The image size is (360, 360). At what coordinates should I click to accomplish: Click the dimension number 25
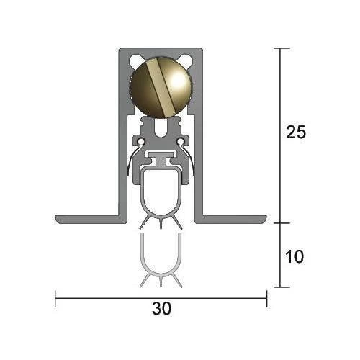coord(296,132)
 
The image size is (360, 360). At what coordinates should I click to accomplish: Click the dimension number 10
coord(294,256)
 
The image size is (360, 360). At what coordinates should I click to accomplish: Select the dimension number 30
coord(161,308)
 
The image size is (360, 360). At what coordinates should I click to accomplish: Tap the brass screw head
coord(161,88)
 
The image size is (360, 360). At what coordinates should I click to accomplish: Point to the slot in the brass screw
coord(161,88)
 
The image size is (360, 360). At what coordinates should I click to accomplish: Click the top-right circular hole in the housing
coord(186,60)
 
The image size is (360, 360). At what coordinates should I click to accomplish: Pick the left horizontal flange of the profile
coord(90,219)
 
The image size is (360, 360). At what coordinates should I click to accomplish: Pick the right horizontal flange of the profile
coord(232,219)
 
